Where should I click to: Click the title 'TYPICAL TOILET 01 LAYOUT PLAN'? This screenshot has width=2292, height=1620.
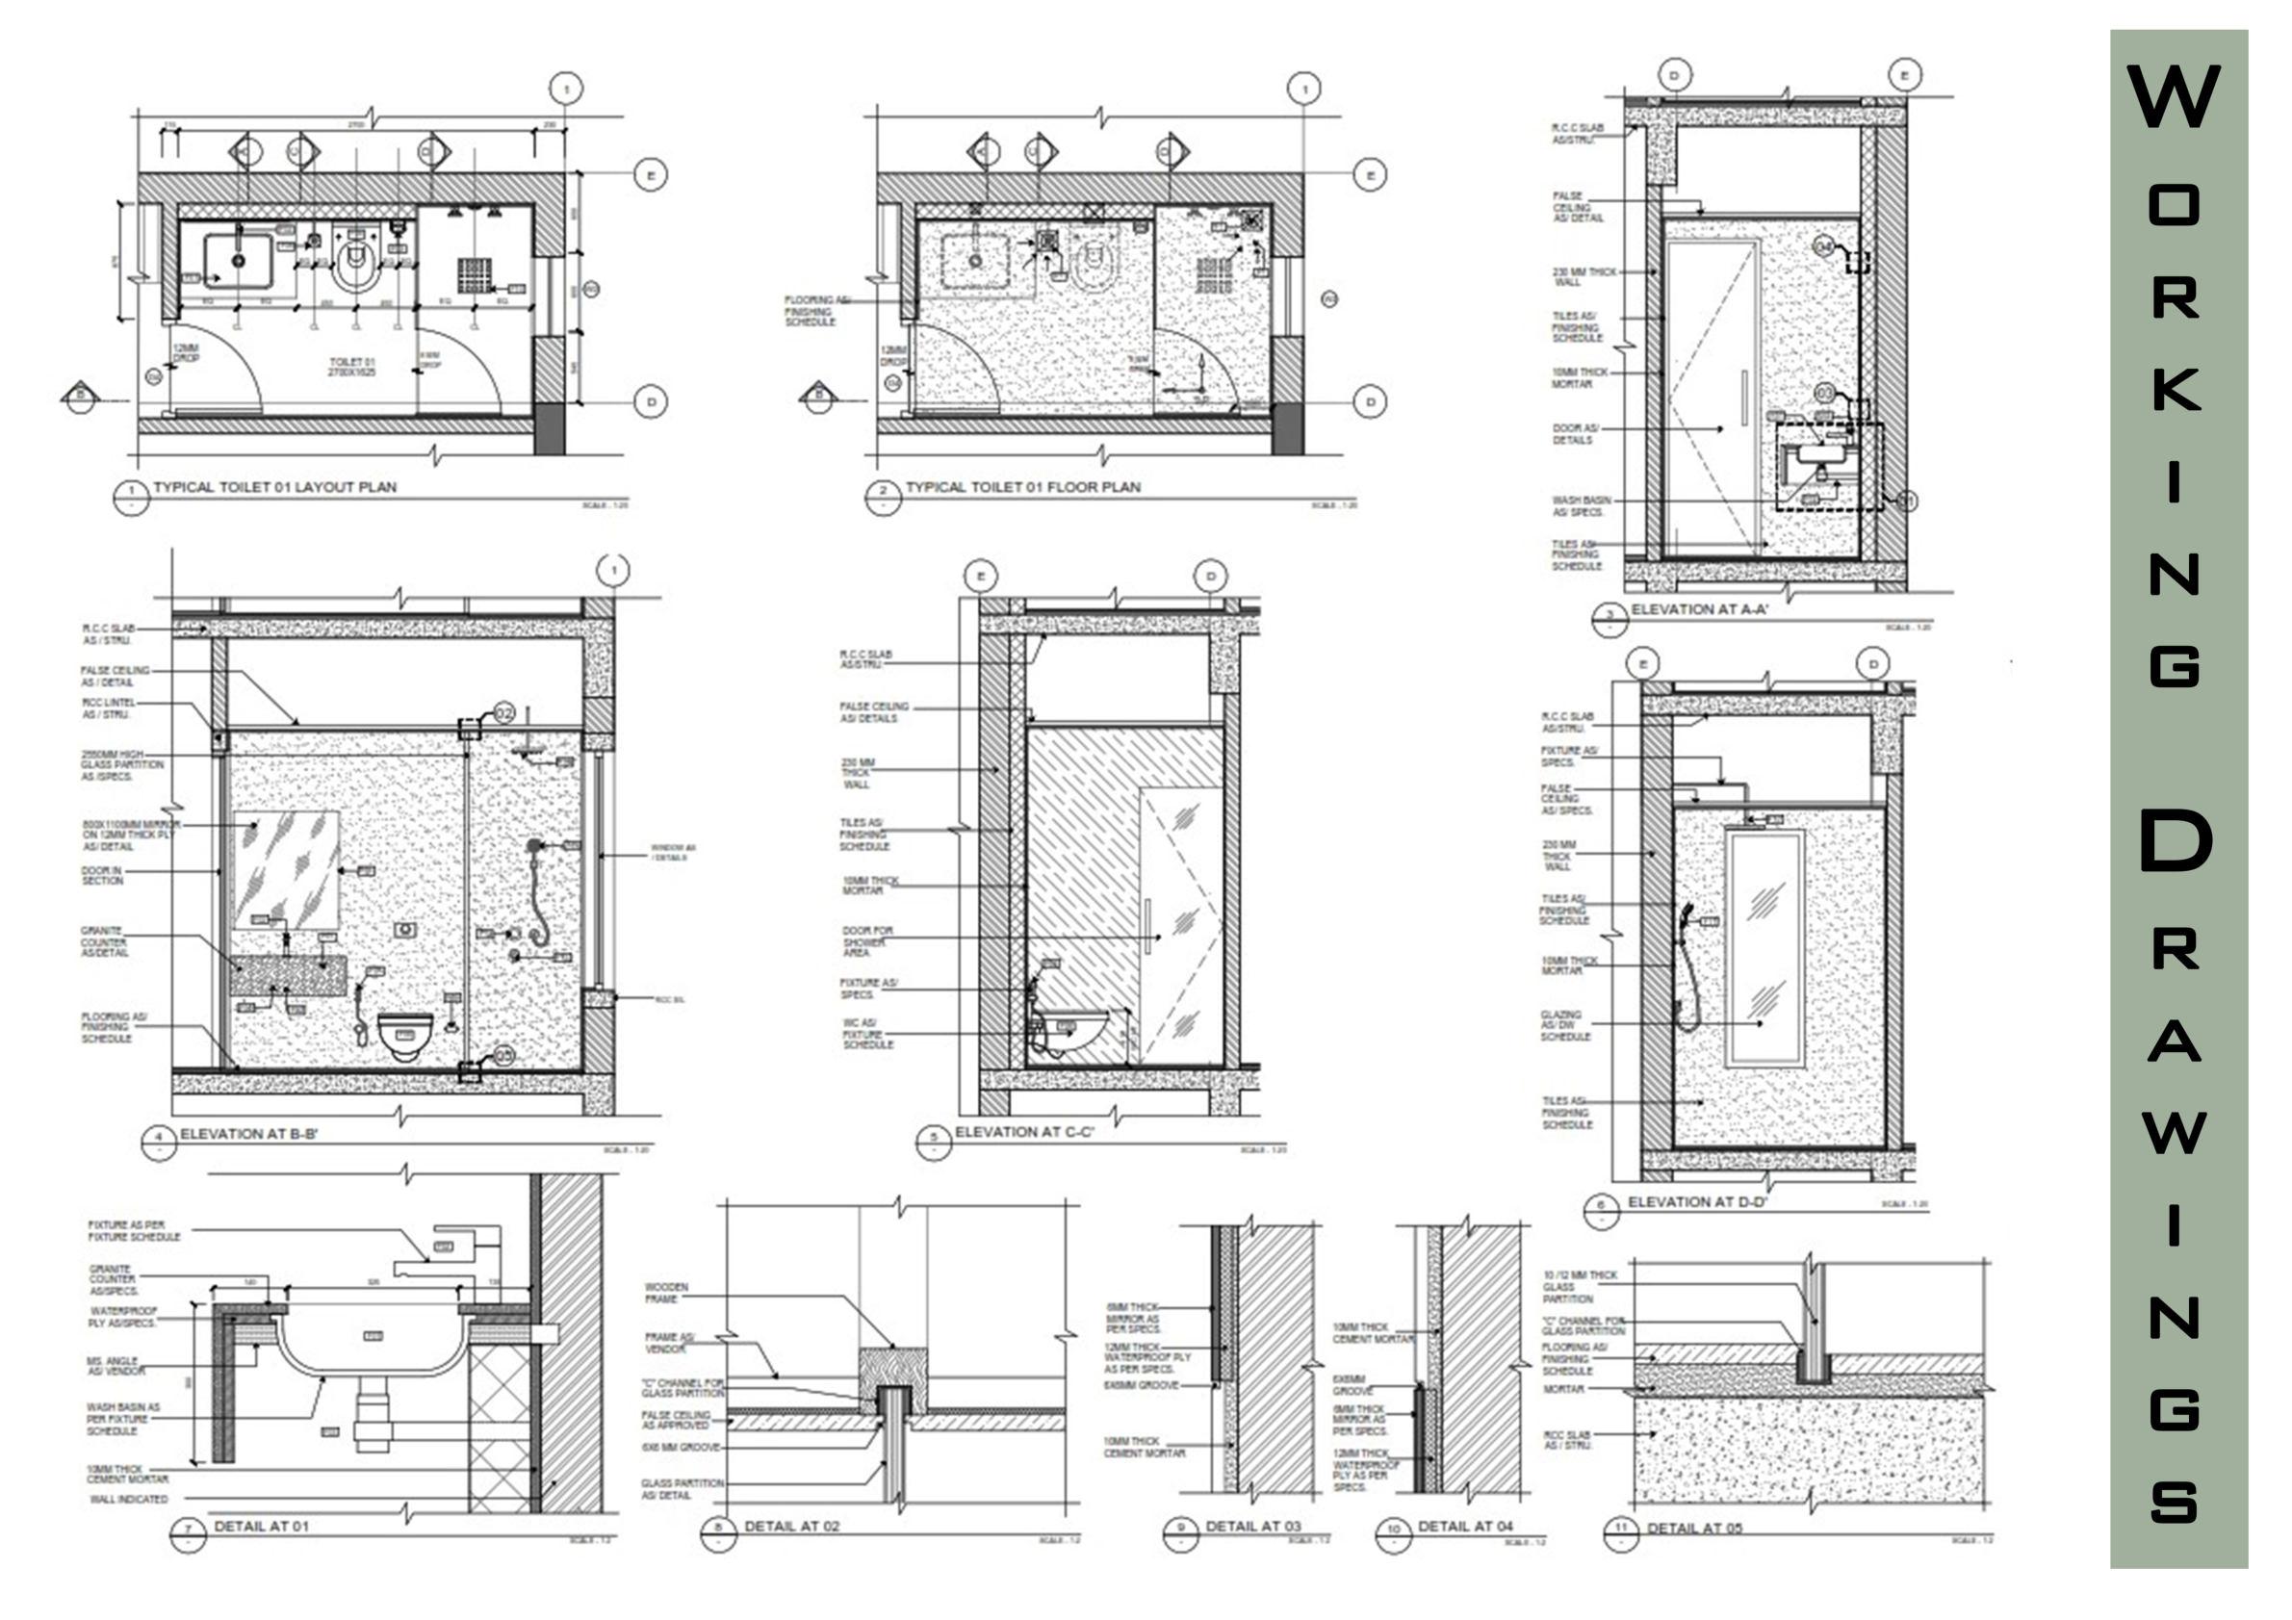click(274, 487)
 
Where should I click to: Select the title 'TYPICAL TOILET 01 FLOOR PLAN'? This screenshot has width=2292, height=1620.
click(1022, 487)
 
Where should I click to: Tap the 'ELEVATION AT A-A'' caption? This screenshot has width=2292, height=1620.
click(1699, 609)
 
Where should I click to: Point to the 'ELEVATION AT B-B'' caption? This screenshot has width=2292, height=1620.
click(248, 1134)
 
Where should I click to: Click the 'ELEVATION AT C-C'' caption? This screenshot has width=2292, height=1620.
click(1024, 1132)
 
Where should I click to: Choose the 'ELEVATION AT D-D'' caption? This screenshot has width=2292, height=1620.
click(1697, 1202)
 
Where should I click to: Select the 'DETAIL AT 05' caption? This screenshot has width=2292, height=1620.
click(1694, 1529)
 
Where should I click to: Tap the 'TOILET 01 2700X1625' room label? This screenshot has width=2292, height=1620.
click(351, 367)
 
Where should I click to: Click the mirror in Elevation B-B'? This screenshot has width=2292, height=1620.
click(287, 869)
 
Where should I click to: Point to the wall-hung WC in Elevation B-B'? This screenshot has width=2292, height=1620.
click(405, 1033)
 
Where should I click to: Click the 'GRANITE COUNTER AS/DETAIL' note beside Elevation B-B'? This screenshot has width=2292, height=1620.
click(105, 941)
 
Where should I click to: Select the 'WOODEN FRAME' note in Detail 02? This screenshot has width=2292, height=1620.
click(666, 1293)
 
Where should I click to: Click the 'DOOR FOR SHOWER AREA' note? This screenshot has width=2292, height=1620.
click(866, 940)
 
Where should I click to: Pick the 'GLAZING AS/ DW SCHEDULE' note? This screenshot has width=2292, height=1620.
click(1564, 1025)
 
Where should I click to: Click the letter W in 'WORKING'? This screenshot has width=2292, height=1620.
click(2174, 97)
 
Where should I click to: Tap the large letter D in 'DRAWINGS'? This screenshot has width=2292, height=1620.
click(2176, 840)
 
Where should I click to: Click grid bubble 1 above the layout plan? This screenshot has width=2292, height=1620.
click(567, 89)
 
